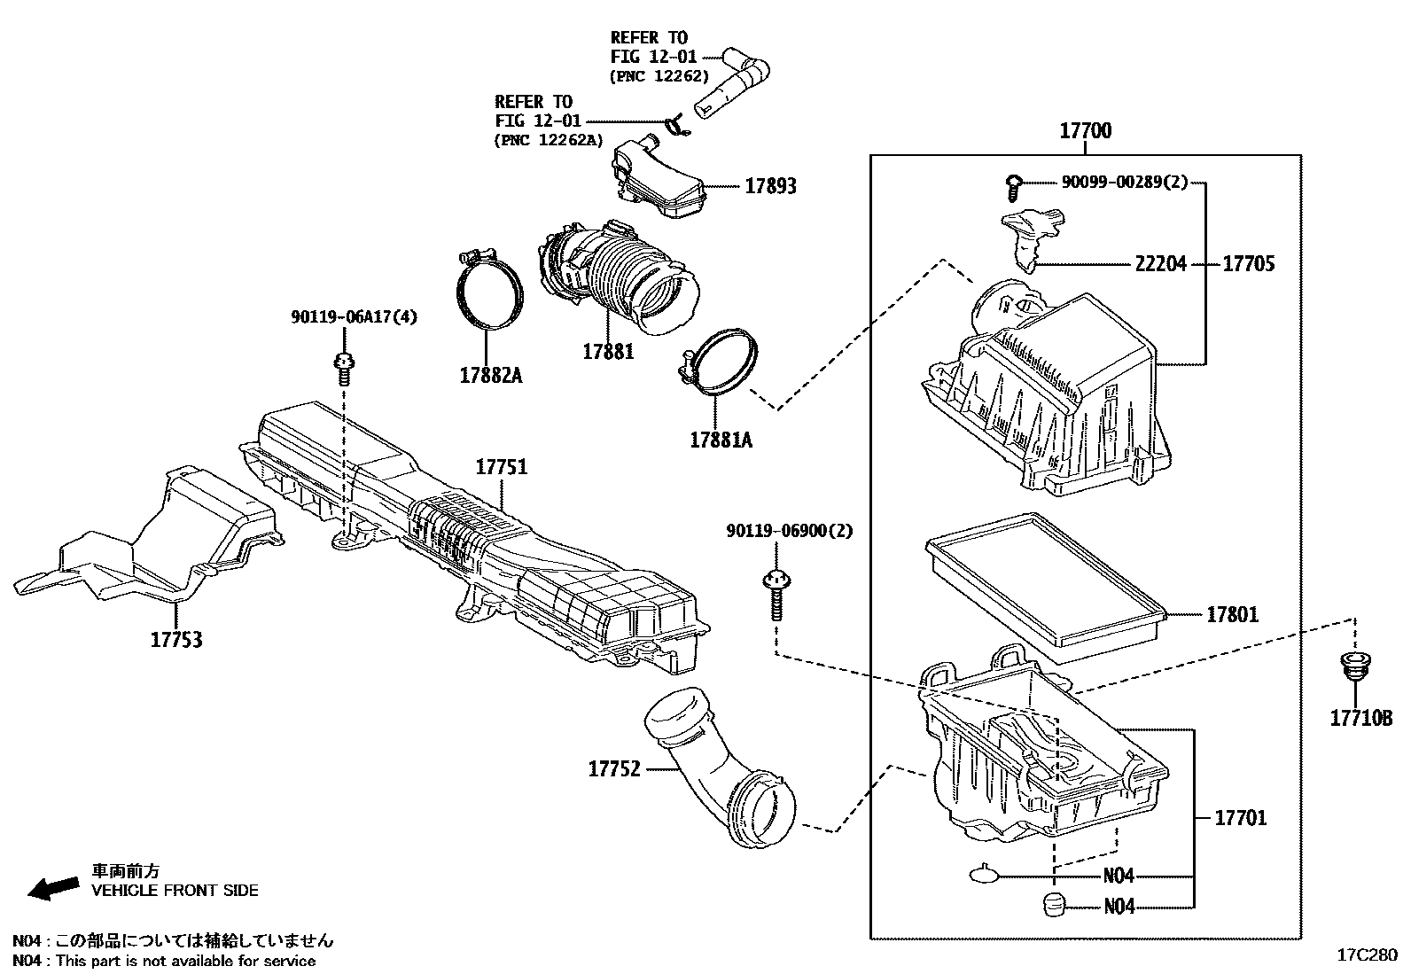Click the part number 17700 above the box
[1086, 131]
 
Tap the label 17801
[1231, 614]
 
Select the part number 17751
[501, 467]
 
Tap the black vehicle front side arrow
[51, 887]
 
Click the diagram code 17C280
[1366, 955]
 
